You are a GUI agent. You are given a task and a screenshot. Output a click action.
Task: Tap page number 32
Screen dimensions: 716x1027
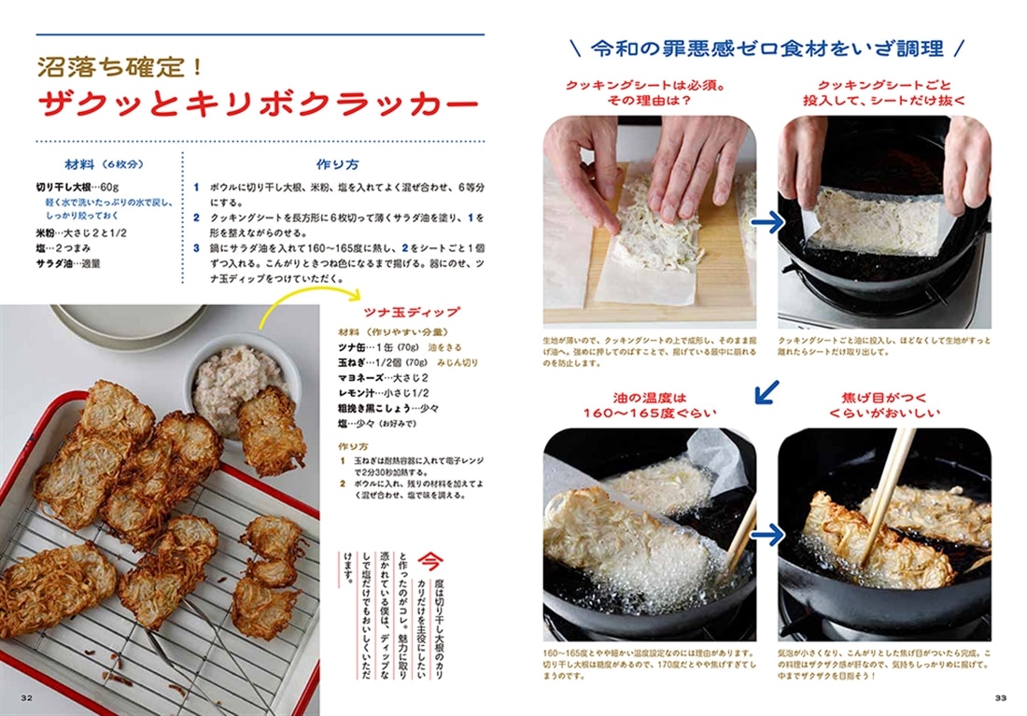(27, 697)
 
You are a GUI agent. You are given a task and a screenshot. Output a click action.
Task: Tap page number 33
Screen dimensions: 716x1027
(1000, 697)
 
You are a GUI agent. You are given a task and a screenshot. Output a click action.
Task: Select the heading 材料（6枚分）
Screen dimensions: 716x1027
(102, 164)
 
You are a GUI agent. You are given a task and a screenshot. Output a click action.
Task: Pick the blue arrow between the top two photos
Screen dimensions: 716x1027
(767, 223)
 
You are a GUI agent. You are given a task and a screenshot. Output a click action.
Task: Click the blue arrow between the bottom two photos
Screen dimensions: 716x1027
(767, 535)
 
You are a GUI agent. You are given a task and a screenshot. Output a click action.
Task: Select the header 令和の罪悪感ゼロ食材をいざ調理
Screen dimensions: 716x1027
(767, 48)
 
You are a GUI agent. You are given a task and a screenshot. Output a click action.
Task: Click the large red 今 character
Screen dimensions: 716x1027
(429, 561)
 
